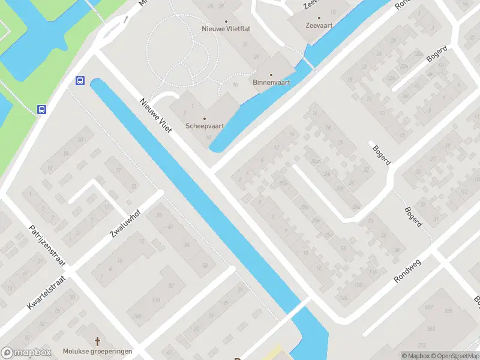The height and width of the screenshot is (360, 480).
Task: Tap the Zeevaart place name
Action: pyautogui.click(x=319, y=26)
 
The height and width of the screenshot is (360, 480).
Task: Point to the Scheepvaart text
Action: pyautogui.click(x=204, y=126)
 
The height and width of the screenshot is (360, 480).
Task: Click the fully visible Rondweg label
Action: pyautogui.click(x=409, y=271)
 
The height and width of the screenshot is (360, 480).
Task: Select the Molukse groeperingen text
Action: pyautogui.click(x=97, y=351)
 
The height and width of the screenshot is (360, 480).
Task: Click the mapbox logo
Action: pyautogui.click(x=26, y=353)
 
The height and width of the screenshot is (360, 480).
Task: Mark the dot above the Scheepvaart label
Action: pyautogui.click(x=204, y=118)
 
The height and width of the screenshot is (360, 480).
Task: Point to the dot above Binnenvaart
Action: pyautogui.click(x=271, y=74)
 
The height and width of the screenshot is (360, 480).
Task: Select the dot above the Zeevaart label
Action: pyautogui.click(x=319, y=19)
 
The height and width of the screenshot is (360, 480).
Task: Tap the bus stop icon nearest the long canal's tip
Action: pyautogui.click(x=80, y=81)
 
